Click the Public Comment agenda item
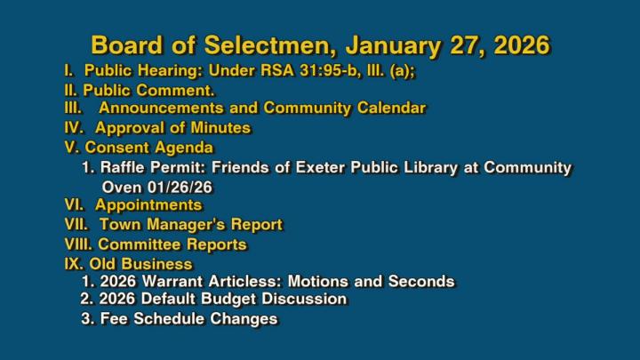pos(140,91)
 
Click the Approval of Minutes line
pos(157,128)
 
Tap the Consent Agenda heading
pos(139,148)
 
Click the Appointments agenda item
pos(133,205)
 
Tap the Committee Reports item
pos(156,244)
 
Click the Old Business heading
pos(128,264)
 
